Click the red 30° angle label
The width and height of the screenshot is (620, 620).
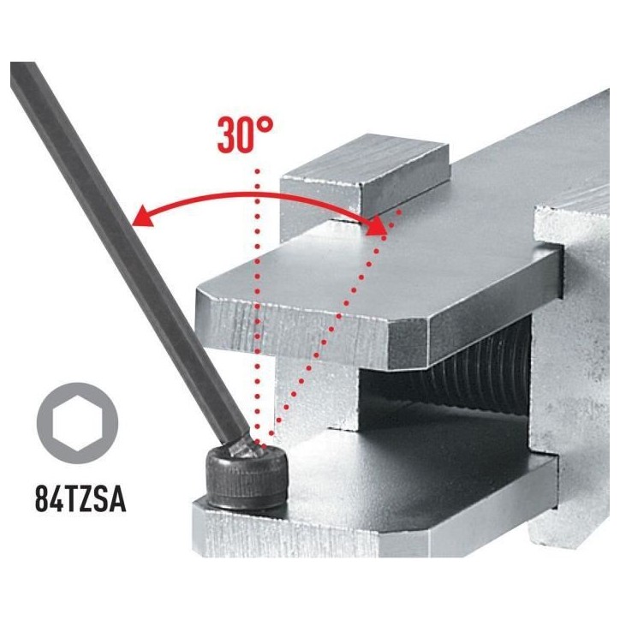coord(245,134)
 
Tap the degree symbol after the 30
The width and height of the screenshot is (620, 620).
coord(265,125)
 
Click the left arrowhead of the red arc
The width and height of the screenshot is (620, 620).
coord(142,217)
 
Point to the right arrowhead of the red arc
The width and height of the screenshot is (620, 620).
coord(377,226)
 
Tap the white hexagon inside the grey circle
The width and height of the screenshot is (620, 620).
coord(77,423)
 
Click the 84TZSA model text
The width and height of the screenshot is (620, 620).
coord(80,499)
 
